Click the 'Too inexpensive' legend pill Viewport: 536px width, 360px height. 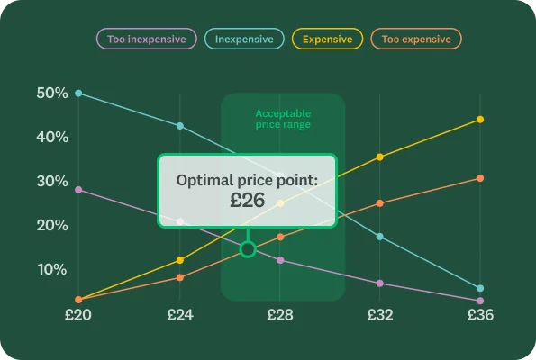[x=147, y=39]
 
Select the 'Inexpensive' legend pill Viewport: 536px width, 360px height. [x=244, y=39]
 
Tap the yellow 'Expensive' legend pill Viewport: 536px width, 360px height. [x=328, y=39]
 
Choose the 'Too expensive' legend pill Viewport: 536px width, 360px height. [x=415, y=39]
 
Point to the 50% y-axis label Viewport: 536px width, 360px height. [x=51, y=94]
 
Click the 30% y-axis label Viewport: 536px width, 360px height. [x=51, y=181]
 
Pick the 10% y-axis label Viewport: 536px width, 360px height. [x=51, y=269]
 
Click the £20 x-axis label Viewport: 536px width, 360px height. [x=78, y=315]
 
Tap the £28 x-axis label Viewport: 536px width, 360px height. [x=279, y=315]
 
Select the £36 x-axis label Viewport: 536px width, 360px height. [x=479, y=315]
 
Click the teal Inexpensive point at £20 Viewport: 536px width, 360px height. [x=78, y=94]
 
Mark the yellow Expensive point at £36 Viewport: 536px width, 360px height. [x=479, y=120]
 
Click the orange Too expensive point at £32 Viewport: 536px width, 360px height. [x=379, y=203]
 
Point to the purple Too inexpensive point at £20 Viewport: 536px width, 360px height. [x=78, y=190]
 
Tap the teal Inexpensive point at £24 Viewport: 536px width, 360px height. [x=179, y=126]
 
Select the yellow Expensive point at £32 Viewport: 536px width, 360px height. [x=379, y=157]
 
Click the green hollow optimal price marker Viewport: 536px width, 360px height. [x=247, y=248]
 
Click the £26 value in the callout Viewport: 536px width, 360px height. [x=247, y=201]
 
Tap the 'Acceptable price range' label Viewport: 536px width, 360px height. [x=283, y=119]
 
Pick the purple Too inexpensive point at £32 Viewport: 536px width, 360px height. [x=379, y=283]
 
